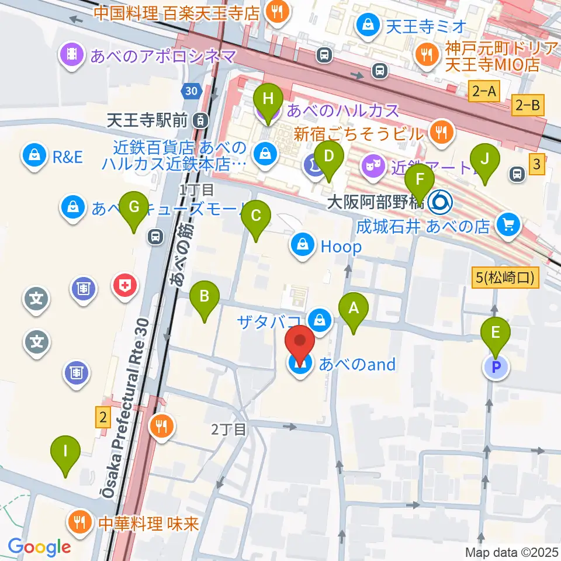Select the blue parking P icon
[496, 368]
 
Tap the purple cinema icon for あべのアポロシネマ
[72, 56]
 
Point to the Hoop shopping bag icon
[303, 246]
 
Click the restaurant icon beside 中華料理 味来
[78, 520]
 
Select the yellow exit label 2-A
[484, 91]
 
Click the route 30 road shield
[190, 91]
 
